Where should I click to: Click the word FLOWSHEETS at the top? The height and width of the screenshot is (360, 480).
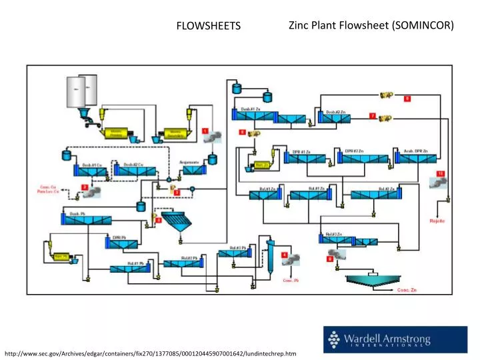(x=207, y=26)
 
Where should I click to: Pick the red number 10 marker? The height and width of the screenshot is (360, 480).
(x=441, y=174)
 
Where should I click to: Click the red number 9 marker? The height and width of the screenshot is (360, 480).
(x=407, y=99)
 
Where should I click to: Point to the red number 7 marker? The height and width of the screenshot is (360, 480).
(x=371, y=115)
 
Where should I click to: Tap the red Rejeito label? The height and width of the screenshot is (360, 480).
(x=437, y=220)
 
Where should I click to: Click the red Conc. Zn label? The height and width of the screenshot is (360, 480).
(x=407, y=291)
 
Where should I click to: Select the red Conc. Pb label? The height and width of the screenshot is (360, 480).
(x=291, y=281)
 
